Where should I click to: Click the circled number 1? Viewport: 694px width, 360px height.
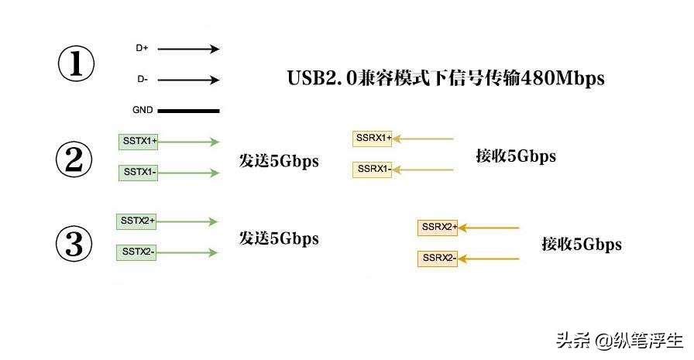click(x=76, y=64)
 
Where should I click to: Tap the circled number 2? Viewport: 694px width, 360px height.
click(x=74, y=160)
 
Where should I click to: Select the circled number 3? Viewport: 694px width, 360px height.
click(x=74, y=245)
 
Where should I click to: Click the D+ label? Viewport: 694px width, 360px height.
click(x=142, y=48)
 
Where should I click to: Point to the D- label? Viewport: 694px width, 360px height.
click(x=142, y=79)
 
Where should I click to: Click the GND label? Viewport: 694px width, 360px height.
click(x=143, y=110)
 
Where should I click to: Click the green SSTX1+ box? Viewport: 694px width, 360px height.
click(x=139, y=142)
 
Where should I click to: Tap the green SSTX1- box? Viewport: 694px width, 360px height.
click(x=139, y=172)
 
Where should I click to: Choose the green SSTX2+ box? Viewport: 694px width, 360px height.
click(x=136, y=221)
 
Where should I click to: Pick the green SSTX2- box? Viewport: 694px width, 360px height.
click(x=136, y=252)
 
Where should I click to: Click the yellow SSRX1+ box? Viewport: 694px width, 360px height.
click(x=373, y=139)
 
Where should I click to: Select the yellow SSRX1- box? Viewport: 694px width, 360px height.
click(x=373, y=168)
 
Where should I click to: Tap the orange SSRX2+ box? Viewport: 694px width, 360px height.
click(x=438, y=228)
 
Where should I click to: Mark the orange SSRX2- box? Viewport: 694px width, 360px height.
click(x=438, y=258)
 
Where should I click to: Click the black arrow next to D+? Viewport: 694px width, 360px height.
click(x=189, y=49)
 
